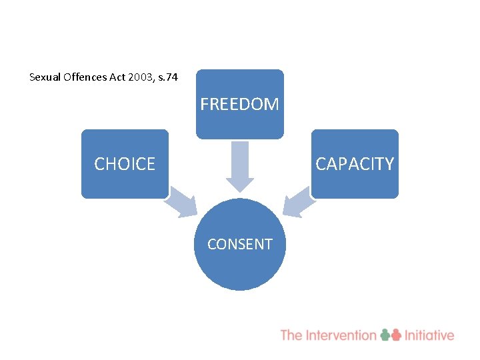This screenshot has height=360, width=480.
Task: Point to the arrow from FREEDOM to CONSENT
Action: click(x=239, y=167)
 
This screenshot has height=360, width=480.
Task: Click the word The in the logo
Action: click(x=291, y=335)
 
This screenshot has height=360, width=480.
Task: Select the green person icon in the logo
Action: click(x=386, y=335)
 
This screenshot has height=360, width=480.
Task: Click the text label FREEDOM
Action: click(x=239, y=105)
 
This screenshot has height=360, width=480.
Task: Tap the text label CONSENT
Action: click(x=239, y=245)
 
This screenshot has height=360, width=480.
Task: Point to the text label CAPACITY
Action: click(x=355, y=164)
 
